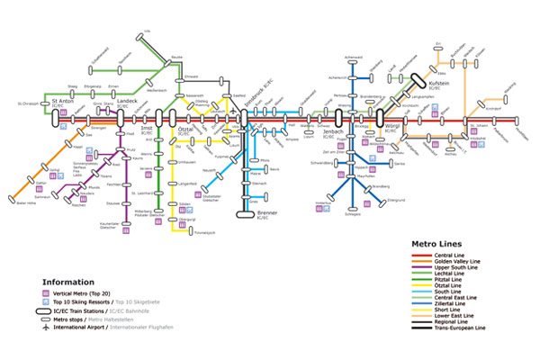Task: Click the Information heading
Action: (x=69, y=282)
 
